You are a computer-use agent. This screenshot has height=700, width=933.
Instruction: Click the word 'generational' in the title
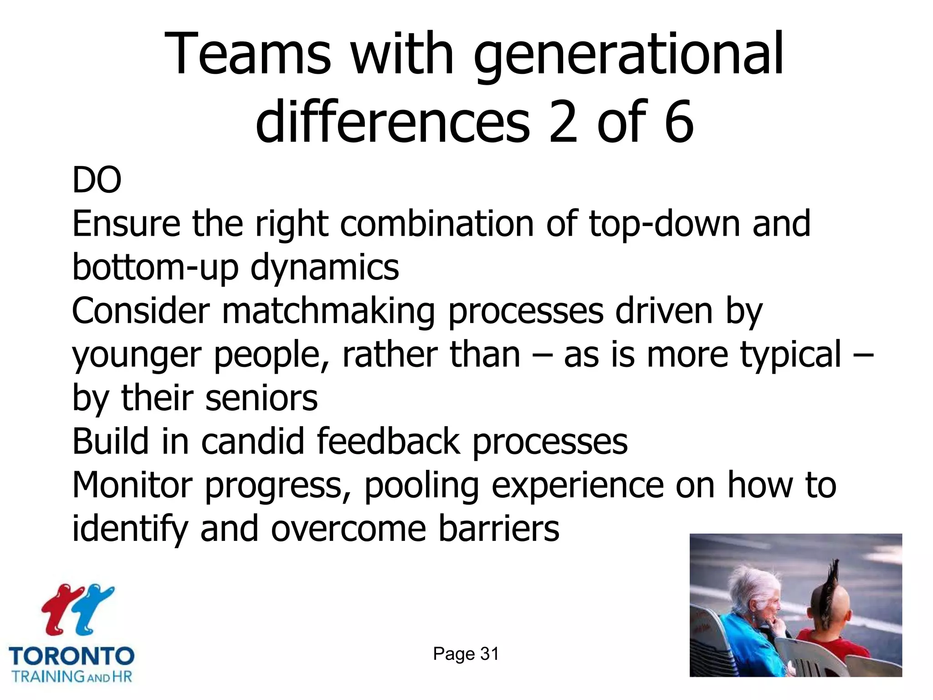[629, 55]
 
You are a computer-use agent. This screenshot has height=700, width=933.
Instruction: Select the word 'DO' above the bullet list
[97, 180]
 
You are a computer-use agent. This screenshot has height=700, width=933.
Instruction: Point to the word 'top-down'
[665, 224]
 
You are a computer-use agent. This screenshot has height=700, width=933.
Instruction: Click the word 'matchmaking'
[328, 312]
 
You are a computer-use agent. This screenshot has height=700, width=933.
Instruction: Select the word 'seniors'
[261, 398]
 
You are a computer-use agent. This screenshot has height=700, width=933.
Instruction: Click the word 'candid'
[253, 441]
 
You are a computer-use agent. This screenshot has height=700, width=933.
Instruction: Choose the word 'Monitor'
[133, 485]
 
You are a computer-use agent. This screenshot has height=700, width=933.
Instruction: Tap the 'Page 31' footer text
[466, 654]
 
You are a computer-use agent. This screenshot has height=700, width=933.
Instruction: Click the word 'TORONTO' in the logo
[72, 657]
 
